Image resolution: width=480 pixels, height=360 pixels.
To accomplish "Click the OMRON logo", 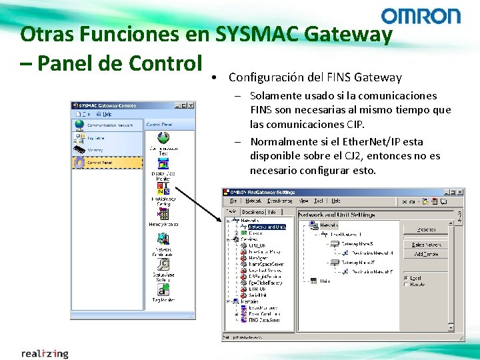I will point(421,16).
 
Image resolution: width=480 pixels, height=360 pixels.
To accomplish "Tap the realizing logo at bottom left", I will point(45,353).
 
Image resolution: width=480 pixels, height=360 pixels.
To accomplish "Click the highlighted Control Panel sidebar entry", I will point(100,162).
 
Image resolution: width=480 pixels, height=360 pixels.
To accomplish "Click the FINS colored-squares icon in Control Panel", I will point(163,189).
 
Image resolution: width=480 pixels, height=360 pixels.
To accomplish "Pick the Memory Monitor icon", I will point(163,214).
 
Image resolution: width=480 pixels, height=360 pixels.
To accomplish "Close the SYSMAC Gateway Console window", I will point(191,105).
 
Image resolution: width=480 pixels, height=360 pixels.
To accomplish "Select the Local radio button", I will point(407,277).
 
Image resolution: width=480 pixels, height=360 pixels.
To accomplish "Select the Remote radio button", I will point(407,285).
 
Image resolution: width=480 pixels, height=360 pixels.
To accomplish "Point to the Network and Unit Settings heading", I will point(337,215).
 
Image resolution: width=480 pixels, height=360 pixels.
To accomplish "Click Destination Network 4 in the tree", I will point(372,253).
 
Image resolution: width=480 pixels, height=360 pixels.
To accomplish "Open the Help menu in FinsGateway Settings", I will point(335,201).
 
